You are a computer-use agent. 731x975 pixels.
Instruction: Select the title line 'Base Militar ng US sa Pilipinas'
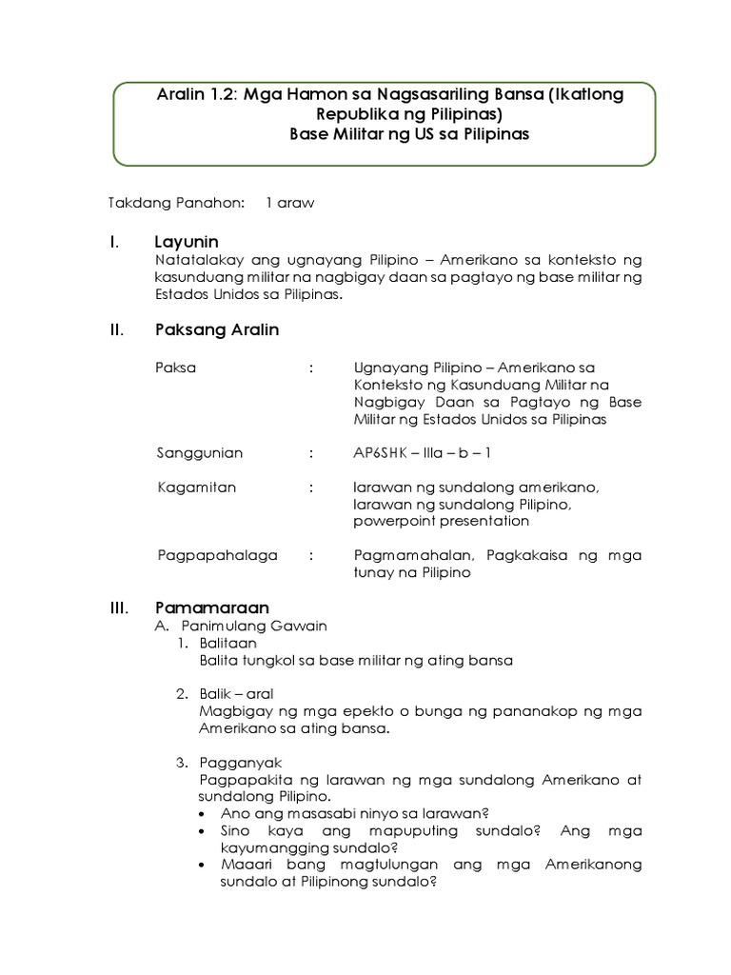(409, 134)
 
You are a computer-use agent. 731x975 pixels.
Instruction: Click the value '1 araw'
(290, 203)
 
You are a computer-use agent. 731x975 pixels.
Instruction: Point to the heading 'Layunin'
(187, 242)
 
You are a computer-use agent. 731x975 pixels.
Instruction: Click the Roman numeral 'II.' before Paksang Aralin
(118, 330)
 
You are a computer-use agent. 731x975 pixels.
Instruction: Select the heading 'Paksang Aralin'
(217, 330)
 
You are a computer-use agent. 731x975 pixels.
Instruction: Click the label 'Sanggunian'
(200, 453)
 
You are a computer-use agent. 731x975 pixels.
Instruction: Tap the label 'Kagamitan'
(196, 487)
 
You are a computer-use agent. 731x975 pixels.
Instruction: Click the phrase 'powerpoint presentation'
(441, 521)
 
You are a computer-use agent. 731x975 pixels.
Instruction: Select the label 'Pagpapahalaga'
(217, 555)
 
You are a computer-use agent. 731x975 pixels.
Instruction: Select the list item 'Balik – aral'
(236, 694)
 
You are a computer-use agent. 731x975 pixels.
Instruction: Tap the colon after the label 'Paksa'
(311, 368)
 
